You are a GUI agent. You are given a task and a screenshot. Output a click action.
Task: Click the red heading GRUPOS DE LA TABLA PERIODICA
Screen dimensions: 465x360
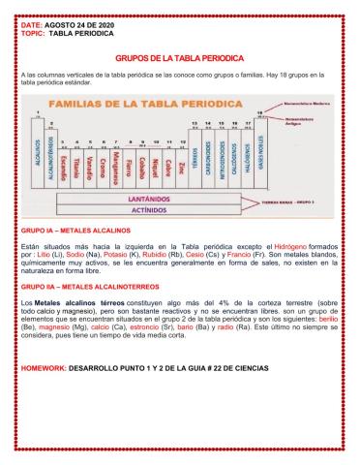(180, 57)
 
